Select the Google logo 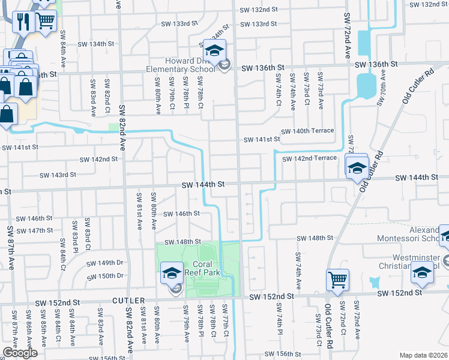20,353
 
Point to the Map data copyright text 423,355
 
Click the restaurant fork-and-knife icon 24,22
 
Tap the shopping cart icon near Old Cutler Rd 337,279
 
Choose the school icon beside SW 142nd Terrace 357,168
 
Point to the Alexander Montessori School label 408,234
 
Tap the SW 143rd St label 58,175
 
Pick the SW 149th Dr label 104,263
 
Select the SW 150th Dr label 104,276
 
